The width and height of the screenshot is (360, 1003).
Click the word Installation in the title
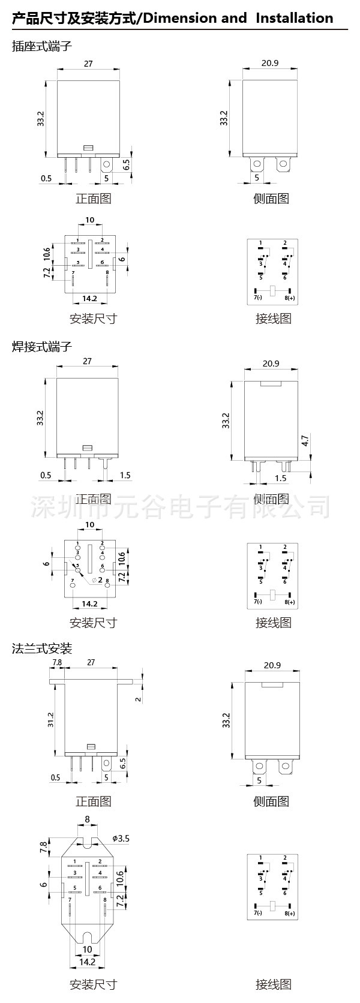(x=294, y=18)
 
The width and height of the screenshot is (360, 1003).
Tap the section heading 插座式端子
(x=41, y=46)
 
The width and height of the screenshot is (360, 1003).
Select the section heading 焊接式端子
(x=41, y=346)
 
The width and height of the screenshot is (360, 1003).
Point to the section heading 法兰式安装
(x=41, y=648)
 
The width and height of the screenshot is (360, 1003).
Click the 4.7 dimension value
(x=305, y=440)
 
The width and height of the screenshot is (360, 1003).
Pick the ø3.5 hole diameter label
(x=121, y=838)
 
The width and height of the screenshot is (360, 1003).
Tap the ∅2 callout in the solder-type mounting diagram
(x=97, y=580)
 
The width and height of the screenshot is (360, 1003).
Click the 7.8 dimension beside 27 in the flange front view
(x=58, y=662)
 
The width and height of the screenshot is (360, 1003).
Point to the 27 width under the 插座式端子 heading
(x=88, y=64)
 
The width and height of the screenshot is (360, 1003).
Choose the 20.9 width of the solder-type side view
(x=271, y=364)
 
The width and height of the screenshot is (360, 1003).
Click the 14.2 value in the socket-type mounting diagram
(x=89, y=298)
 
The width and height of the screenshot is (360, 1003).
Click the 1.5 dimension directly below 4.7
(x=280, y=478)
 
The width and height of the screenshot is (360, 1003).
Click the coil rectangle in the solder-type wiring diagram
(x=272, y=594)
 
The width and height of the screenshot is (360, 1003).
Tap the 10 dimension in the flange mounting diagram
(x=88, y=949)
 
